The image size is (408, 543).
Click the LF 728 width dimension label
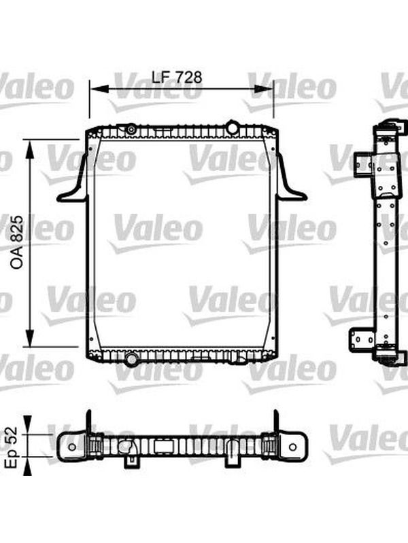click(177, 77)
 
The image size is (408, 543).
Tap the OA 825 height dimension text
click(16, 242)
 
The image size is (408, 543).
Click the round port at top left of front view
click(131, 130)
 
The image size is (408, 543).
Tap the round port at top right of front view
click(232, 127)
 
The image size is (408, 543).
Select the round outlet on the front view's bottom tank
click(131, 359)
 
